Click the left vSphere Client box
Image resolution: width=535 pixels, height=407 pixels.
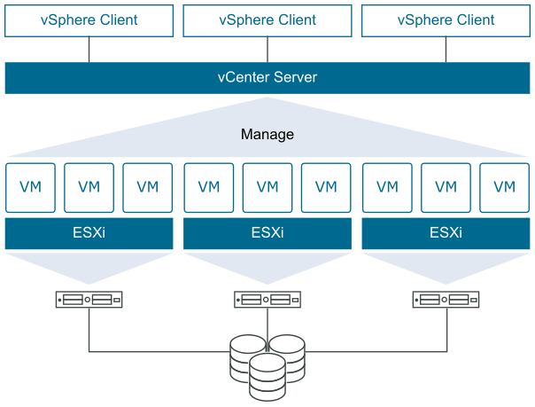(89, 20)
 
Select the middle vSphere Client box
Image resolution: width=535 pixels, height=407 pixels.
(267, 20)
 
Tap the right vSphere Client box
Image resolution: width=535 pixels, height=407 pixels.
(446, 20)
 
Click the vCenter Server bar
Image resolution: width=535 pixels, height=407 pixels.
(267, 78)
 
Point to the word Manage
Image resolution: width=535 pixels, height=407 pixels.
(267, 135)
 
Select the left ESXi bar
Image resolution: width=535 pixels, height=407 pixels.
(89, 234)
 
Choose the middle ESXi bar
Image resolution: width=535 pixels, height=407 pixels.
(267, 234)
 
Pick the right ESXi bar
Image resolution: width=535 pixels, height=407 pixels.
(446, 234)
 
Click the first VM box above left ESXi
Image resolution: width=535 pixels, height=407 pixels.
(30, 187)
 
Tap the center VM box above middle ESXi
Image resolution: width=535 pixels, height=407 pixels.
(267, 187)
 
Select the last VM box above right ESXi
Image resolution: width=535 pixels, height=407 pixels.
(504, 187)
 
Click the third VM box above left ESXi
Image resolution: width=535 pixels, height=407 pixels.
(147, 187)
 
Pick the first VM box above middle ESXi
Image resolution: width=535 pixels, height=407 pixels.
(209, 187)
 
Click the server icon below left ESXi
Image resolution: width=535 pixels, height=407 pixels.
(89, 300)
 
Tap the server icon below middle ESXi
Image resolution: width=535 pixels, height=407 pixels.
(267, 300)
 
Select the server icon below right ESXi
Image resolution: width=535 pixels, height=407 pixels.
(446, 300)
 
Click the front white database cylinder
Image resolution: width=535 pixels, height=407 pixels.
(267, 376)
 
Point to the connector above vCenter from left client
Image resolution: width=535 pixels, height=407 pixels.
(89, 50)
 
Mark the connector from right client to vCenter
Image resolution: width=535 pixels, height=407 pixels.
(446, 50)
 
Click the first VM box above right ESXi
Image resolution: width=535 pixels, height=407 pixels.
(387, 187)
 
